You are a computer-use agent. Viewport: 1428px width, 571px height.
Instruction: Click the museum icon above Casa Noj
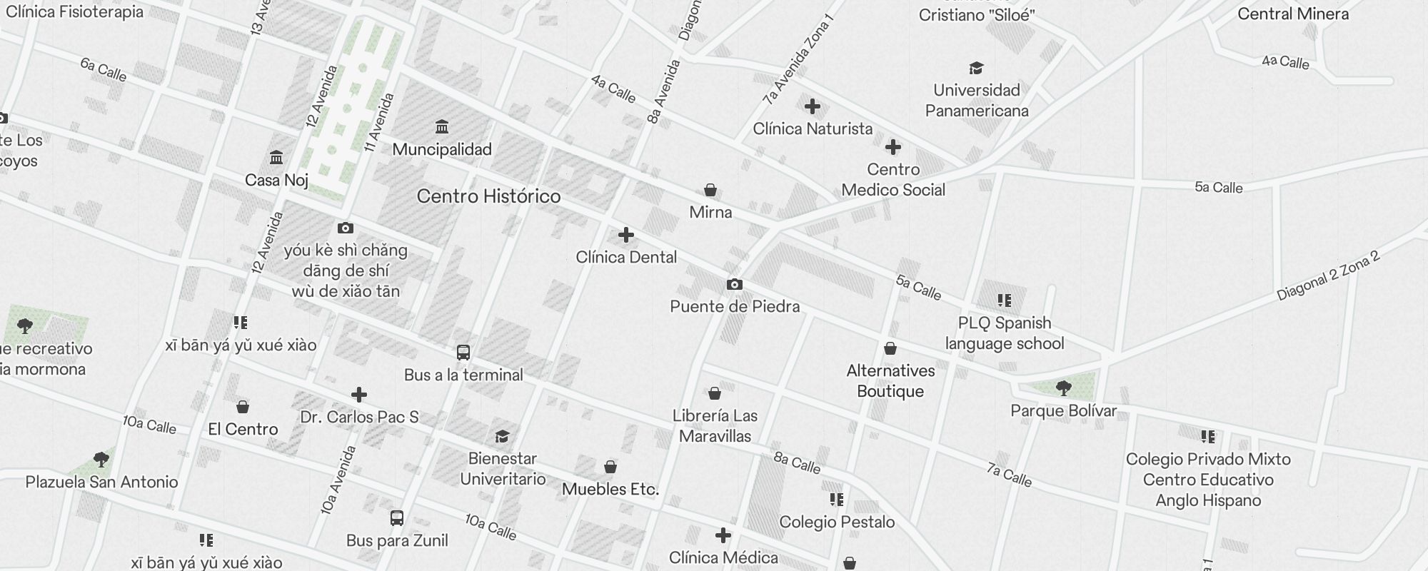(x=276, y=157)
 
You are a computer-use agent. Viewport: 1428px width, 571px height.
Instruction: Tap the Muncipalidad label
(x=442, y=149)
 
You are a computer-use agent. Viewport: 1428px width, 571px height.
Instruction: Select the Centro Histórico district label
(x=488, y=196)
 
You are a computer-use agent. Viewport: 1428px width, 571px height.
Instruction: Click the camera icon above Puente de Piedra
(x=734, y=284)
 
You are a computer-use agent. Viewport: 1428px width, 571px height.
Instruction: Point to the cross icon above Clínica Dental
(x=626, y=235)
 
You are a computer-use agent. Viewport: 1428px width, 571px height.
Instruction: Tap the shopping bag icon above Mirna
(x=710, y=190)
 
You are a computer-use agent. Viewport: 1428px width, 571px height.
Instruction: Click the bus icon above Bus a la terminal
(x=463, y=352)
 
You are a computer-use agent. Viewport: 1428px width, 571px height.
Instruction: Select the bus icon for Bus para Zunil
(x=397, y=518)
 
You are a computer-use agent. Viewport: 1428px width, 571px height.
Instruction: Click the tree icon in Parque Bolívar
(x=1063, y=388)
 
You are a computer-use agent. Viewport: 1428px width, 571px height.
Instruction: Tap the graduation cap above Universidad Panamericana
(x=976, y=68)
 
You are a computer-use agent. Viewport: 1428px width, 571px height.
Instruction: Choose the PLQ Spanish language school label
(x=1005, y=333)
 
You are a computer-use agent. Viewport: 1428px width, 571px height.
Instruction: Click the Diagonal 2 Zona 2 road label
(x=1328, y=276)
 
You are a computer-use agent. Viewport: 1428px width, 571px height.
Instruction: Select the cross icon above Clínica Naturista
(x=812, y=106)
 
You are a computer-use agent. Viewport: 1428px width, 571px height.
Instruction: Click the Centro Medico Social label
(x=893, y=180)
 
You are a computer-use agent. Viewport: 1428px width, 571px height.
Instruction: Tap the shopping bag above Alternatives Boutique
(x=890, y=348)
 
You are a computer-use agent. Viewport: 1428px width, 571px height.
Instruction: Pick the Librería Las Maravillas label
(x=715, y=425)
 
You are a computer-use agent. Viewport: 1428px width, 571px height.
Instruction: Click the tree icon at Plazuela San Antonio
(x=101, y=459)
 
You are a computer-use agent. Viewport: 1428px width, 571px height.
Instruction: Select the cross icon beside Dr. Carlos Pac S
(x=359, y=394)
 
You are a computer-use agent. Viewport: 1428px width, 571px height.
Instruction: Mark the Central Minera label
(x=1293, y=14)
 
